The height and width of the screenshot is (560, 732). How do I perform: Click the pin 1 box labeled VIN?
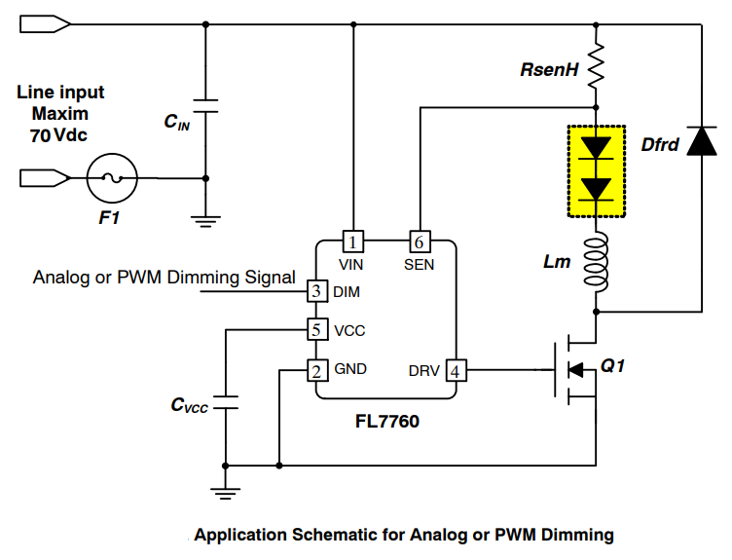point(354,241)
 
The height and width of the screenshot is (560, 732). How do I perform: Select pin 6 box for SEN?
point(419,241)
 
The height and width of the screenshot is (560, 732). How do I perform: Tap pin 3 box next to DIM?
point(316,290)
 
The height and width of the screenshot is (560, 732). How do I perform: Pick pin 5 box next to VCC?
point(316,330)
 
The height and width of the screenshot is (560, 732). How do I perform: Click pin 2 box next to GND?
point(316,370)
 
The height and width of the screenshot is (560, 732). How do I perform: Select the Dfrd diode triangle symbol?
point(701,142)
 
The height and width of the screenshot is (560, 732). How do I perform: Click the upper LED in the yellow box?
point(597,148)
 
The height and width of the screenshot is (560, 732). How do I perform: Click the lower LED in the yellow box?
point(597,188)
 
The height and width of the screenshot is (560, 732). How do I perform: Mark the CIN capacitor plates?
point(204,106)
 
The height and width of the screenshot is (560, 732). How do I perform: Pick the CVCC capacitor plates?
point(225,403)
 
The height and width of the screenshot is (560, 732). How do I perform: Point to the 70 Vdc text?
point(58,135)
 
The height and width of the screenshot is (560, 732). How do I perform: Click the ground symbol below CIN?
point(204,219)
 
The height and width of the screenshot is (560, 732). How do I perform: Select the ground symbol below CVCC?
point(225,491)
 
